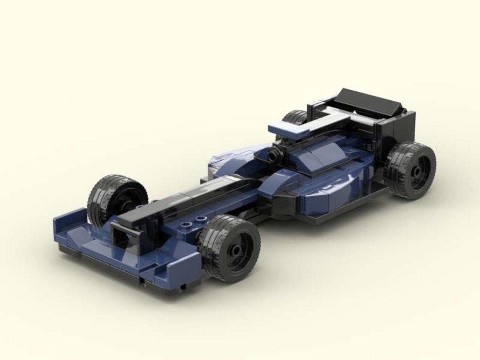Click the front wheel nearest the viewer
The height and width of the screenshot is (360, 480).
[x=229, y=247]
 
